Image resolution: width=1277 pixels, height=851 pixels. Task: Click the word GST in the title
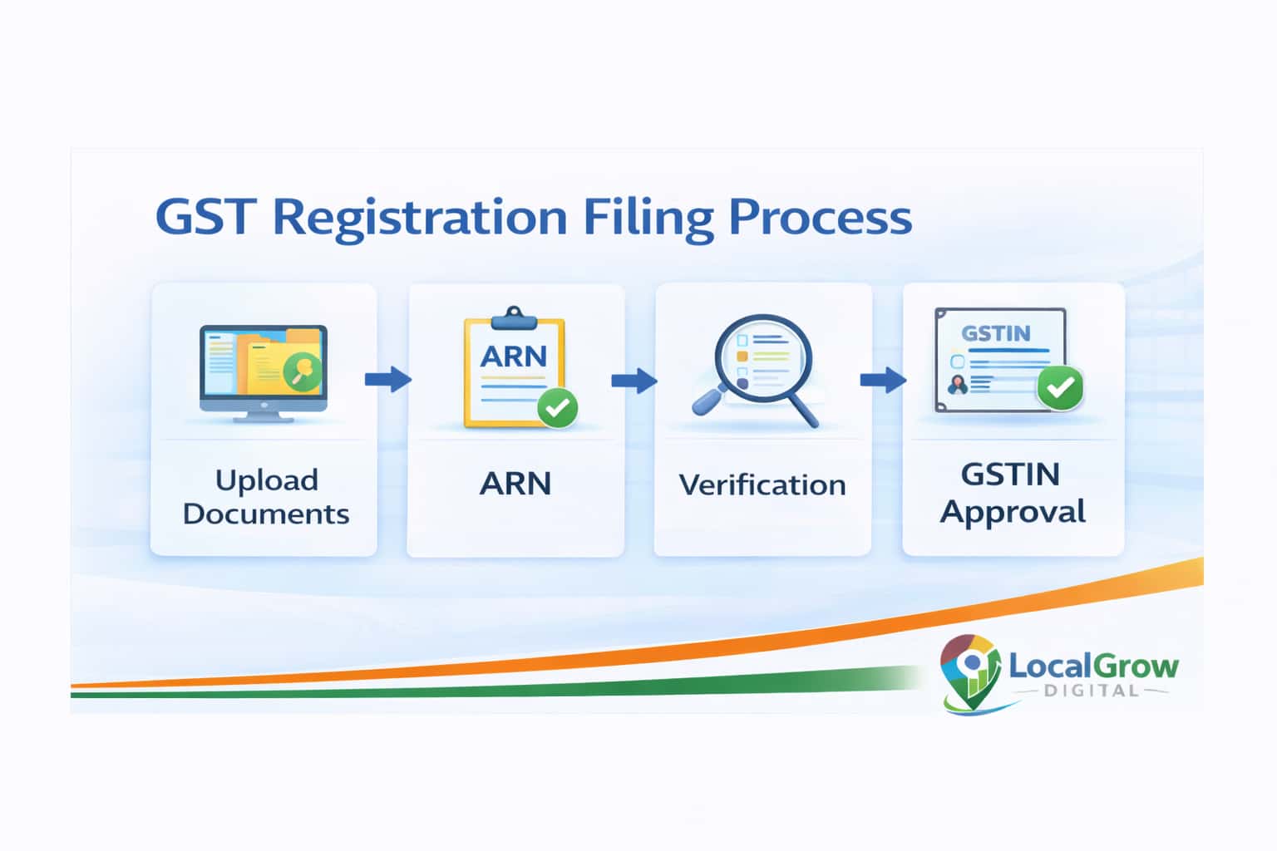[205, 217]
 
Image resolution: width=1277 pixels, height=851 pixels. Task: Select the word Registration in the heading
[420, 219]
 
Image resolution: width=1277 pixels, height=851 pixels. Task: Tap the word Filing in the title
[648, 219]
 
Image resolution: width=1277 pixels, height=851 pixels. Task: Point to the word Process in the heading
[821, 217]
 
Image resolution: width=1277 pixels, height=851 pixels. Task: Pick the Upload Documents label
[266, 497]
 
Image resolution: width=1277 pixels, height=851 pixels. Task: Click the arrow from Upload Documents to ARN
[387, 380]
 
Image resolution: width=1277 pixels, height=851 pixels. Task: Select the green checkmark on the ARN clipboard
[558, 407]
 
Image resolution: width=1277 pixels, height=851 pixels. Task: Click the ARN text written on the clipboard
[514, 357]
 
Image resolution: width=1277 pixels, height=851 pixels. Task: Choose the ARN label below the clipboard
[515, 484]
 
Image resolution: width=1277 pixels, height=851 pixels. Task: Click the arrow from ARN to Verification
[634, 381]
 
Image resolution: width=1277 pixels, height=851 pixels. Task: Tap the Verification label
[762, 485]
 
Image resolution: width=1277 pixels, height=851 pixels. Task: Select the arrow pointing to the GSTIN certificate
[882, 381]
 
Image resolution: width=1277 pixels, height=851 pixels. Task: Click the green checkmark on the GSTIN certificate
[1060, 387]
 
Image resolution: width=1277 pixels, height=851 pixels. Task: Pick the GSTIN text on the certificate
[996, 333]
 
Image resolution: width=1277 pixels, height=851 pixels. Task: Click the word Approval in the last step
[1013, 512]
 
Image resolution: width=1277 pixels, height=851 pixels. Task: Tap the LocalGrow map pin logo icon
[969, 670]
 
